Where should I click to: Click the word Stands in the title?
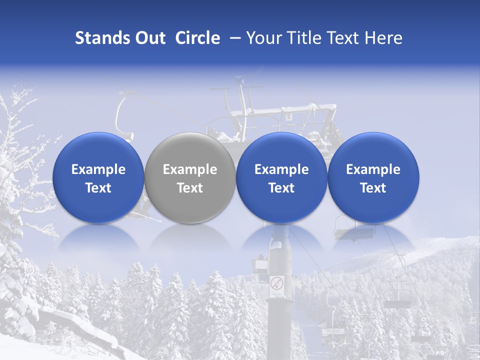click(99, 38)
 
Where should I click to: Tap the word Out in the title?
click(149, 38)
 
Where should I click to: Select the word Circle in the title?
click(197, 38)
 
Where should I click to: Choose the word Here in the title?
click(383, 38)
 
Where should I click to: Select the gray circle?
click(189, 177)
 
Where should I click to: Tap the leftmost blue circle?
click(98, 177)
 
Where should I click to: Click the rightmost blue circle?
click(373, 177)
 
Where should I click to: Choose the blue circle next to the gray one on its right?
click(281, 177)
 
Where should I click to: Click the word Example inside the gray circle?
click(190, 169)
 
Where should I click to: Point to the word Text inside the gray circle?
click(190, 188)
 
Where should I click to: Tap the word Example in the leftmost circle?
click(98, 169)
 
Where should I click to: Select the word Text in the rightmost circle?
click(373, 188)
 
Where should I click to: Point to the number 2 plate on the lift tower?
click(288, 117)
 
